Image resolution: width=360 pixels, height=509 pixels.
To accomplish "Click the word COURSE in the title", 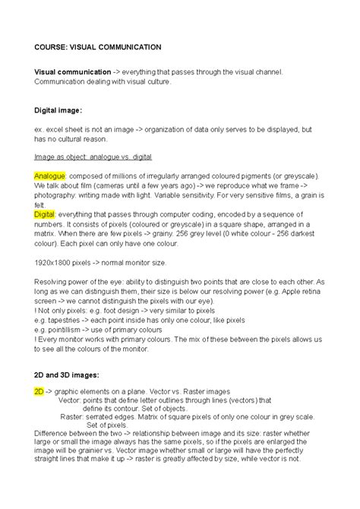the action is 51,47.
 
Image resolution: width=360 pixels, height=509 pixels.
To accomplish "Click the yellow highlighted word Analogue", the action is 51,175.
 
